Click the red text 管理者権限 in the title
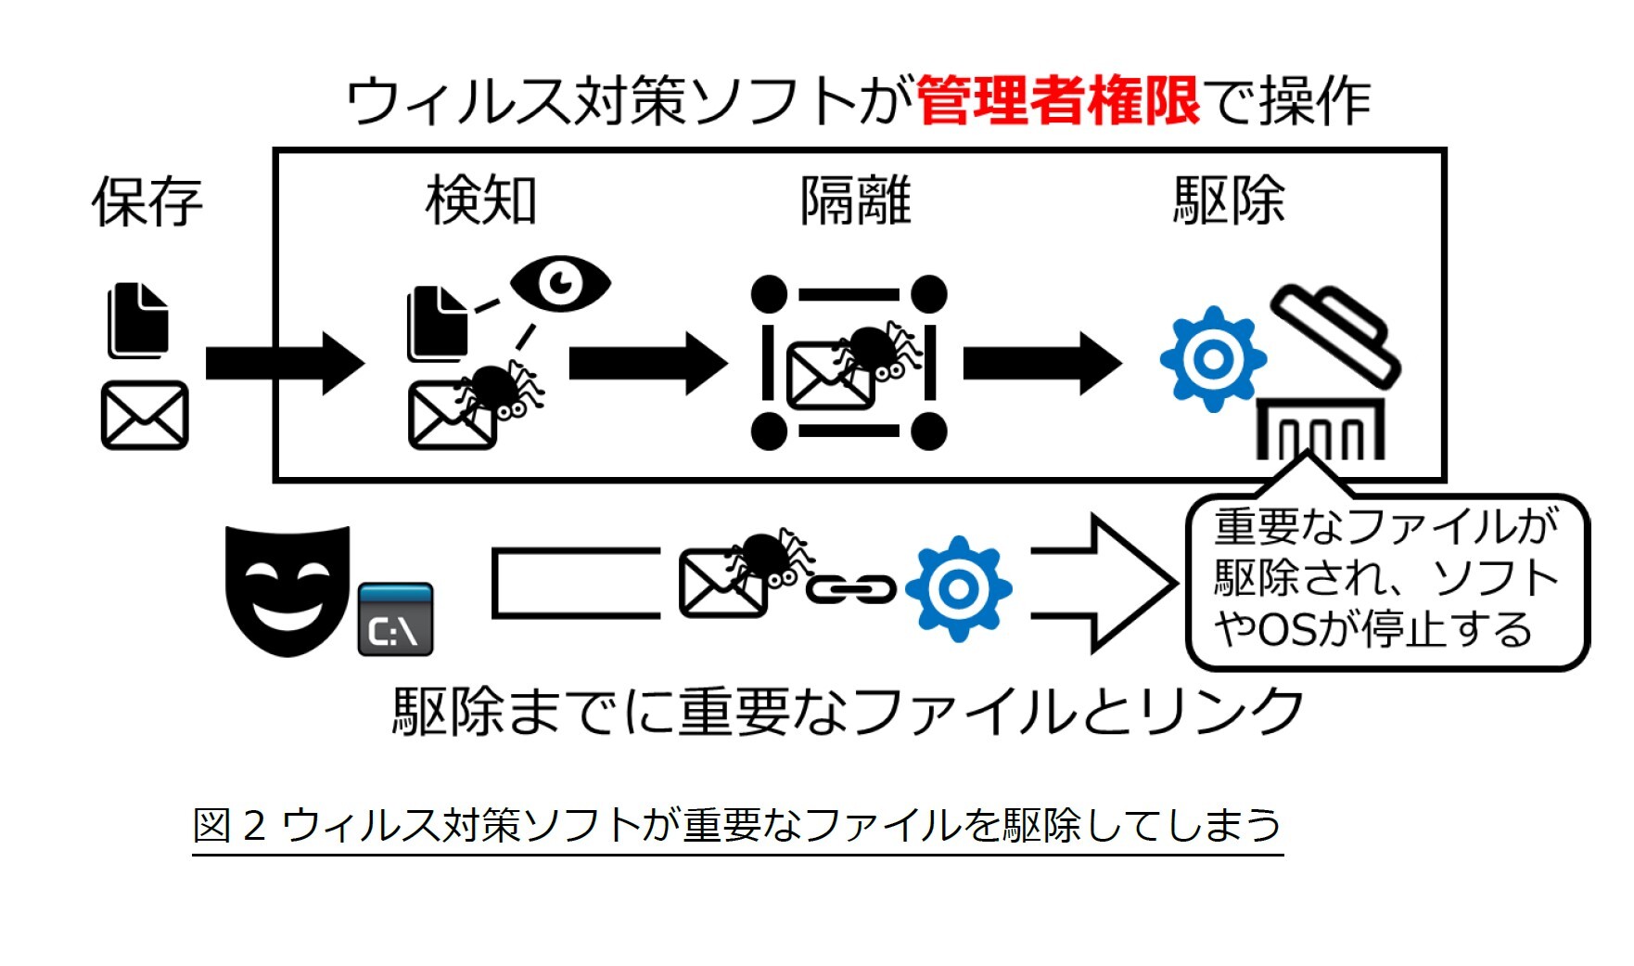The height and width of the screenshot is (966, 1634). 1057,100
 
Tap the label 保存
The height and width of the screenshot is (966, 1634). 147,201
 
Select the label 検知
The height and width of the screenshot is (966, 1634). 480,200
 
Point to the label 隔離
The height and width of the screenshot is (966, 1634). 855,200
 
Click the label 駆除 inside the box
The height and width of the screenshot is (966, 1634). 1229,200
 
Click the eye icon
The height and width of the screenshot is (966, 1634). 560,282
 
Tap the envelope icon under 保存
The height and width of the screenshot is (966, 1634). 145,415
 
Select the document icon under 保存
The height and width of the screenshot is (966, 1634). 139,320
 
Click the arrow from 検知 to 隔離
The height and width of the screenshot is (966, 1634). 647,363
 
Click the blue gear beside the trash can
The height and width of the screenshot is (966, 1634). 1212,358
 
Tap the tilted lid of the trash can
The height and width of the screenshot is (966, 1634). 1335,334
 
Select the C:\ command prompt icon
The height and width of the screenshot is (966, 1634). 395,620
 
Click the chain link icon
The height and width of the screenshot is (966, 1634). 850,588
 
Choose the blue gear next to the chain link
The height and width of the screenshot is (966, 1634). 958,588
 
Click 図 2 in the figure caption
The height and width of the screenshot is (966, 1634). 229,825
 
